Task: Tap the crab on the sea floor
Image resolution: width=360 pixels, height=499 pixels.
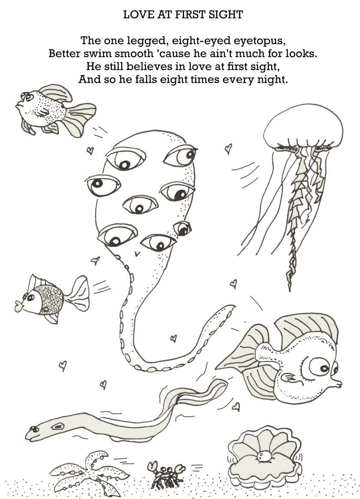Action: pos(166,474)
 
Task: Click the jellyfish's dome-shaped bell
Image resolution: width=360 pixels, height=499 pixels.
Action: pos(303,126)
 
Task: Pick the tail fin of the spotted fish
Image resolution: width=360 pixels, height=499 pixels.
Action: pos(81,119)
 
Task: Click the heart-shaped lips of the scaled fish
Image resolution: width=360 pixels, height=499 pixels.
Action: pos(19,306)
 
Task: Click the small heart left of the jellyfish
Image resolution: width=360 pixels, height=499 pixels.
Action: pos(228,148)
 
